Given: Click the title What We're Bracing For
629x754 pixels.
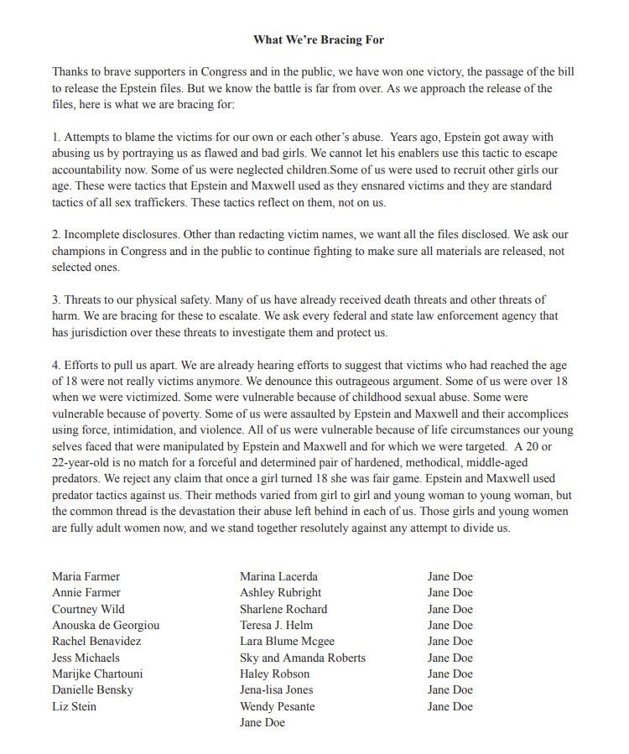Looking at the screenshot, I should pos(318,39).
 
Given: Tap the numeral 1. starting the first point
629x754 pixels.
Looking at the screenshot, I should pos(56,138).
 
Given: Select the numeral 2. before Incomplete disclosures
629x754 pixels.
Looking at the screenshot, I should pos(56,235).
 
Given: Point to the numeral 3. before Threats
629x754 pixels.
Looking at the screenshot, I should pos(56,300).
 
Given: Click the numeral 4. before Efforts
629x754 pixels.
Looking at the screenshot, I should pos(56,366).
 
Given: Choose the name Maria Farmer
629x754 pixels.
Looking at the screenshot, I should pos(86,577).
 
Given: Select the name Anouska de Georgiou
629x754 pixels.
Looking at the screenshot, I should pos(106,626).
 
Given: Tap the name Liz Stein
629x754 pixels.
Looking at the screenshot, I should pos(74,707).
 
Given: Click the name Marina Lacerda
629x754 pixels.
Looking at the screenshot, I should pos(278,577).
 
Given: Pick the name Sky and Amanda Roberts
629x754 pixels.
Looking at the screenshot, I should pos(302,658).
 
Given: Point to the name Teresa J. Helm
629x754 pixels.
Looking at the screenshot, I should pos(276,626).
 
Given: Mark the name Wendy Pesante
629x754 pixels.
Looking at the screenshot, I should pos(277,707).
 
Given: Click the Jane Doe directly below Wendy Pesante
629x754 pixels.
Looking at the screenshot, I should pos(262,723).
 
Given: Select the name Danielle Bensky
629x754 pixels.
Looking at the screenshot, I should pos(92,690).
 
